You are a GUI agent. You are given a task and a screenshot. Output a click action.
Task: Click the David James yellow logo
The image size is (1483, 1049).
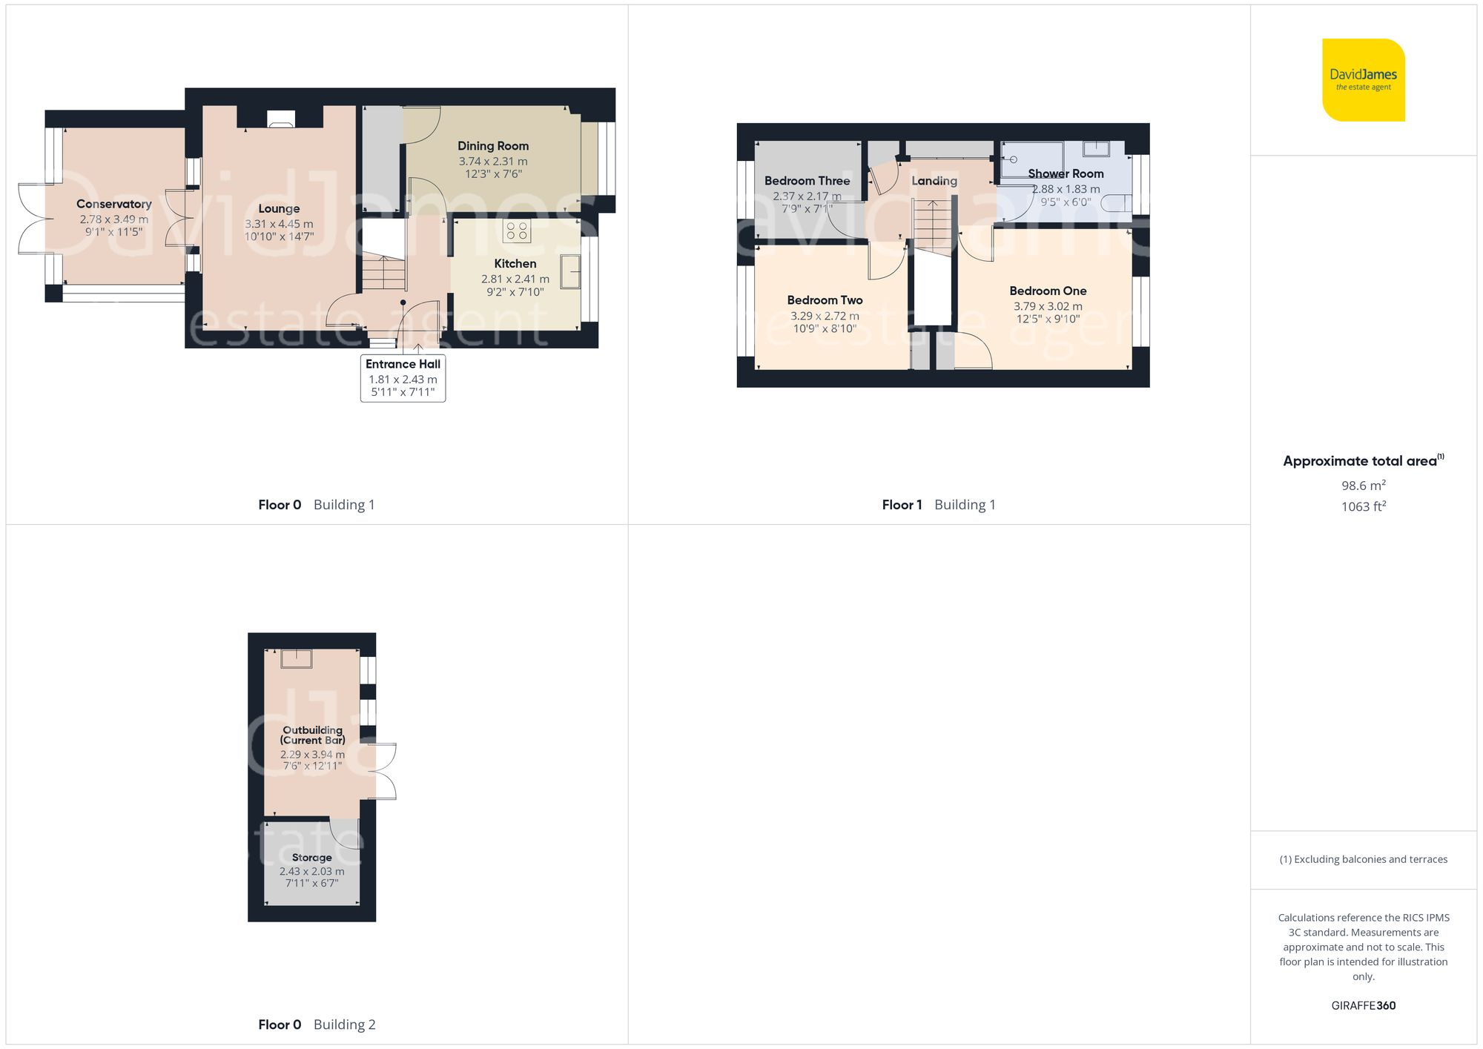tap(1363, 80)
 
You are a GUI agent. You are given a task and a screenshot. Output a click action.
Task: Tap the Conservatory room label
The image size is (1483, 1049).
tap(113, 204)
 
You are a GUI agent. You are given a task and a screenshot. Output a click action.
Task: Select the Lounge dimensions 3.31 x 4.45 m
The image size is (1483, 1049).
tap(279, 224)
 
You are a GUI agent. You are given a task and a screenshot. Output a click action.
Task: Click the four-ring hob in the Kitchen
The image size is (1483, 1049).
tap(517, 231)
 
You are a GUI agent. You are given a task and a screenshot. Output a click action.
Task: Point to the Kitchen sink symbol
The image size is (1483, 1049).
tap(570, 271)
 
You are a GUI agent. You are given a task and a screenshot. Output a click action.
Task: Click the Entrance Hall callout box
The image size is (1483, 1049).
tap(403, 378)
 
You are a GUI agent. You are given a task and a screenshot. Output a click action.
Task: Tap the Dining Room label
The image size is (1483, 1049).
tap(492, 146)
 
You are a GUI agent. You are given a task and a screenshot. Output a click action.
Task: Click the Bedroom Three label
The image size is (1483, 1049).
tap(807, 181)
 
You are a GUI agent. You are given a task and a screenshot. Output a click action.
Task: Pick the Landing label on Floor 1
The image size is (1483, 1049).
tap(934, 181)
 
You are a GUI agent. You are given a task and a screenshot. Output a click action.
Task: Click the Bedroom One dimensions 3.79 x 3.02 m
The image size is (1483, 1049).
tap(1047, 306)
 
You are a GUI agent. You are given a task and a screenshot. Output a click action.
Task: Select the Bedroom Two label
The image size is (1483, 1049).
tap(825, 300)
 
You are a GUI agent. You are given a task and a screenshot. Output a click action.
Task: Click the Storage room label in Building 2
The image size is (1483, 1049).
tap(311, 857)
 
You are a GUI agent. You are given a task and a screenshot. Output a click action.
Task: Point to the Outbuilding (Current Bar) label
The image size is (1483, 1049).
tap(312, 735)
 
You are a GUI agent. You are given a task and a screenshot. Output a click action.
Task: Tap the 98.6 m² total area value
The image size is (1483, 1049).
tap(1363, 486)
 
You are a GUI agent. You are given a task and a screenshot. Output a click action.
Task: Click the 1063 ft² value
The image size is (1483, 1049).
tap(1363, 506)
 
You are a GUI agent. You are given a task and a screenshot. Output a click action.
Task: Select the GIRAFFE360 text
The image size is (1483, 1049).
tap(1363, 1005)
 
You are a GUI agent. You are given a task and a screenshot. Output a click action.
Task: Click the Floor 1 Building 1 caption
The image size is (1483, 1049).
tap(938, 505)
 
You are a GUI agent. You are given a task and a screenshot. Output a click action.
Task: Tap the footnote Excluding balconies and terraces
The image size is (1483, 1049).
tap(1363, 859)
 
